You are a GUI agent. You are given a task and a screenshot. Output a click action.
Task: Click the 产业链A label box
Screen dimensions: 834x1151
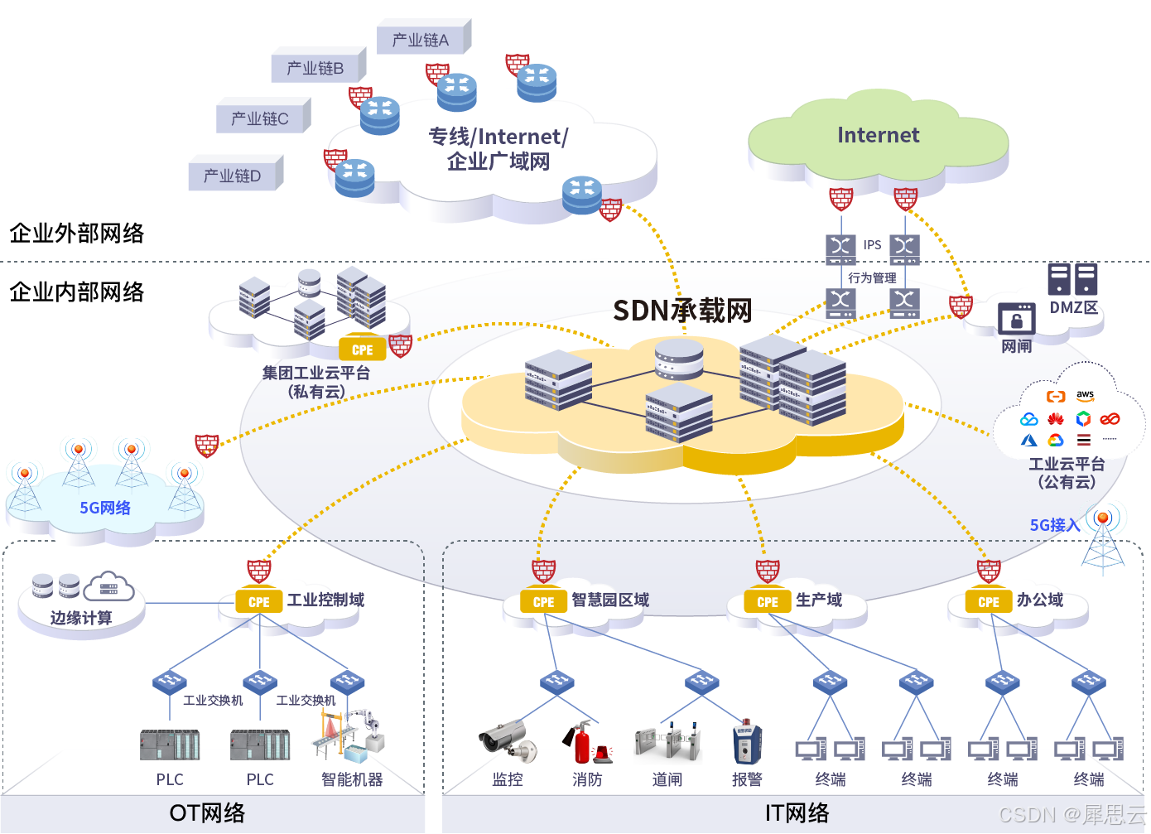tap(421, 40)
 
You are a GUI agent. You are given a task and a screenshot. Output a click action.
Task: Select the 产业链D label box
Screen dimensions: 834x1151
tap(233, 176)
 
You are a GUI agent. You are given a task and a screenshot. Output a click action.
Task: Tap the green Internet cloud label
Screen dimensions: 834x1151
tap(878, 135)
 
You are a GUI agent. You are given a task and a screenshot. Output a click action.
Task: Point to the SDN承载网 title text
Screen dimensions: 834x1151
tap(682, 311)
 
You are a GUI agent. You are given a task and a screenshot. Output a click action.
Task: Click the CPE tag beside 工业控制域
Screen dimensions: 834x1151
tap(258, 602)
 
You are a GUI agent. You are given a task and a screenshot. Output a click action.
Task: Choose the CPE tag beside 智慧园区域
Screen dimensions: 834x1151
tap(543, 602)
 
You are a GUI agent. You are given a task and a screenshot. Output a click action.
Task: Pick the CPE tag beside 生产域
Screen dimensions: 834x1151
tap(768, 602)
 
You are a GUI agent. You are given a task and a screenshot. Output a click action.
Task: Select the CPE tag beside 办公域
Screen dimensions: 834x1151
tap(989, 602)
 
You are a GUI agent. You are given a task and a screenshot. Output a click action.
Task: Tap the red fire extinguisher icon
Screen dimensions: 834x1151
tap(582, 742)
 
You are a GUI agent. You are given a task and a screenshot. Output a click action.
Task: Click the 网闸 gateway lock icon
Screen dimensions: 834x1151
tap(1016, 320)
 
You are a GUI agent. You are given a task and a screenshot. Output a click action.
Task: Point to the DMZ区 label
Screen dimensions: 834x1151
tap(1073, 307)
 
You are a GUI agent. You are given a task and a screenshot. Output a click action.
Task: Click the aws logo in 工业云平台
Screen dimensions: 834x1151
tap(1085, 396)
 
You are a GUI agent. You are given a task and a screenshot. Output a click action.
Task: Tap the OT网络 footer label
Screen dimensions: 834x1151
tap(207, 813)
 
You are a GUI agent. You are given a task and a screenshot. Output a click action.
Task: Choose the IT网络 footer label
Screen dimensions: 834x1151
tap(797, 813)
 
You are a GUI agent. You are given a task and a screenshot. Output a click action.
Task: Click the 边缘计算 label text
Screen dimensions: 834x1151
tap(81, 618)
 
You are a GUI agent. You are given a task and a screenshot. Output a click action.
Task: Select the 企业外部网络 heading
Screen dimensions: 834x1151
tap(77, 234)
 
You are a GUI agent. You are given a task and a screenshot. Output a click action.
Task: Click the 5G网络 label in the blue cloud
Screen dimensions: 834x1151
tap(105, 508)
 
